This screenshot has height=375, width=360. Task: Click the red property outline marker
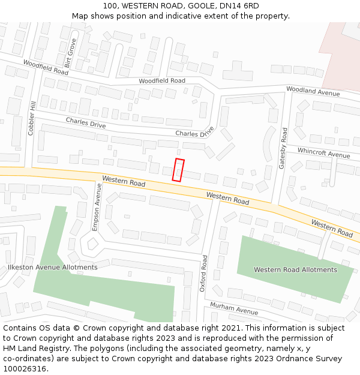point(178,170)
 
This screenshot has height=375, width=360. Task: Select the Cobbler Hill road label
point(32,118)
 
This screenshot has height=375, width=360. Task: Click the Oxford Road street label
point(204,273)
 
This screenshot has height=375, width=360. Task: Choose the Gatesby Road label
point(283,148)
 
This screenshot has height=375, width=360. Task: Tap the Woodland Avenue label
point(313,91)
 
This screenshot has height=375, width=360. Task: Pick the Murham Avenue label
point(233,309)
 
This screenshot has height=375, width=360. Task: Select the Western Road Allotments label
point(295,269)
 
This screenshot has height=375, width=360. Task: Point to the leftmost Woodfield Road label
point(46,67)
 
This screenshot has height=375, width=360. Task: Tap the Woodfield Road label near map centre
point(162,80)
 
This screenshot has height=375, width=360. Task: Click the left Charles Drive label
point(86,123)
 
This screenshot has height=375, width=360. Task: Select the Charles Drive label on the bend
point(194,132)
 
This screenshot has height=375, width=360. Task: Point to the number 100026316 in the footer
point(25,368)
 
